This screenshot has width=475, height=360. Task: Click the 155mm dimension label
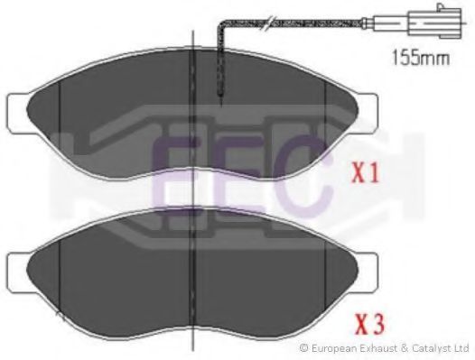click(x=421, y=58)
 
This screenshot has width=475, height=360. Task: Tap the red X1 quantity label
click(x=366, y=173)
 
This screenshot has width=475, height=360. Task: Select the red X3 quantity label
click(x=370, y=324)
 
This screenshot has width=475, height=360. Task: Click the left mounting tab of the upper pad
click(x=17, y=114)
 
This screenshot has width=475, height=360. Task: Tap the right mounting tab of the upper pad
click(x=368, y=114)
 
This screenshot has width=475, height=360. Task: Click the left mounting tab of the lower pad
click(x=17, y=272)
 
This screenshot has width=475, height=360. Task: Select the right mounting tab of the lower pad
click(x=368, y=272)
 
